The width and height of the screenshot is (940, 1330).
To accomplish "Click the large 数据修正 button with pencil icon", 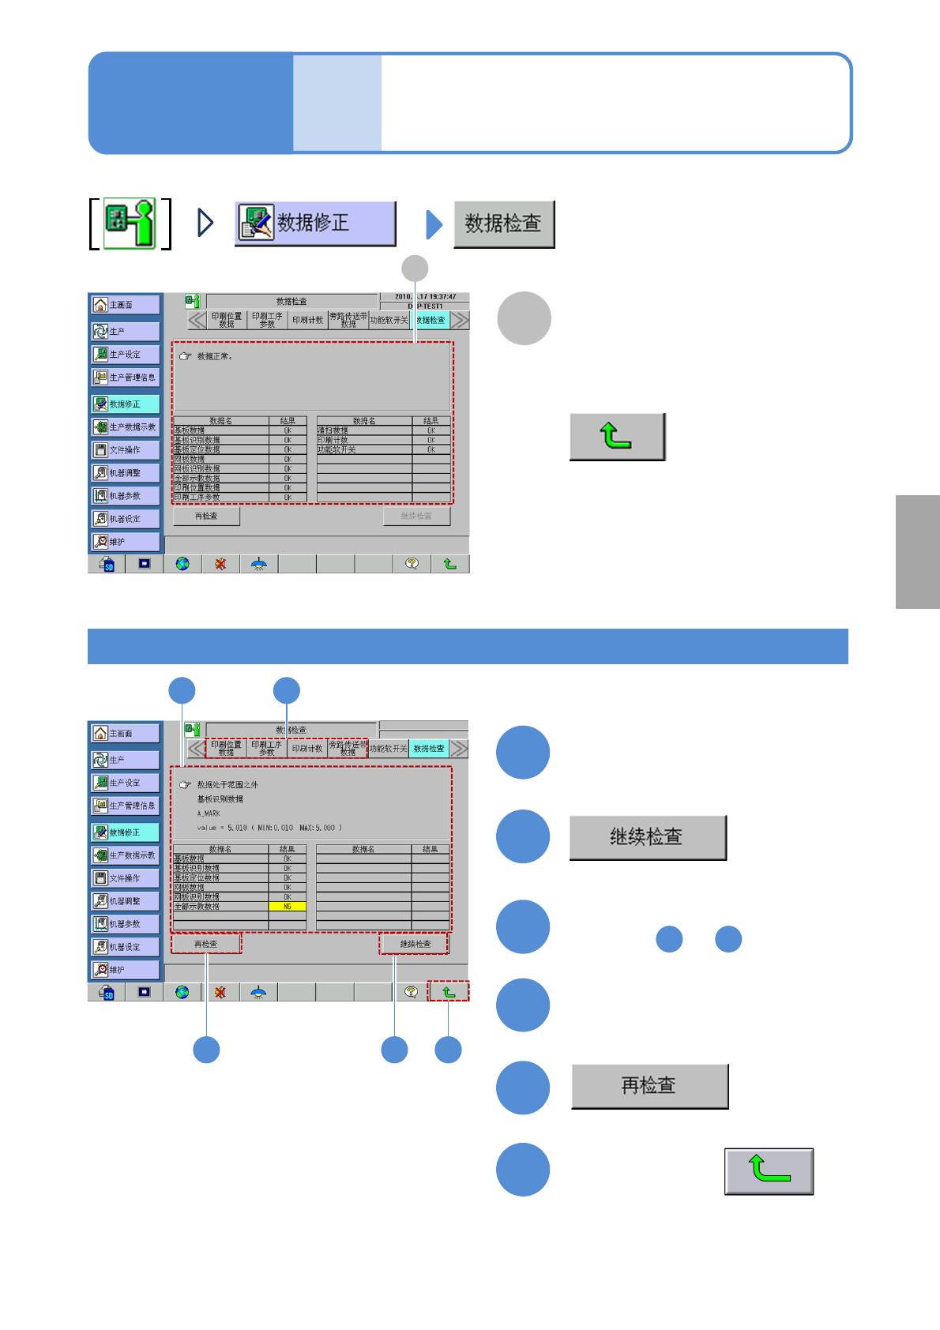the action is pos(315,224).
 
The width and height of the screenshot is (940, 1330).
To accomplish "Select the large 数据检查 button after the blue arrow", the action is pos(503,224).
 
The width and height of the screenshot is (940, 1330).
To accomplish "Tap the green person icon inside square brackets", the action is pos(130,224).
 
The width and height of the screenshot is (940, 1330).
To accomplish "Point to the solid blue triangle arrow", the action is pos(434,224).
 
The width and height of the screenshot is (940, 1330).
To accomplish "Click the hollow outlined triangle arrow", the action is pos(205,223).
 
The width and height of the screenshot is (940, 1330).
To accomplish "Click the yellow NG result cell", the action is pos(288,907).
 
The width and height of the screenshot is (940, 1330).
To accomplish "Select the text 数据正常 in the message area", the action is pos(214,357).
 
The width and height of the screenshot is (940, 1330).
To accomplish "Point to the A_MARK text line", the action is pos(209,813).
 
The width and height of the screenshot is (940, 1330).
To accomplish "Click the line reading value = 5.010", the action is pos(269,828).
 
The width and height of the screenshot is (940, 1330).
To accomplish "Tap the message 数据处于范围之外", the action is pos(227,785).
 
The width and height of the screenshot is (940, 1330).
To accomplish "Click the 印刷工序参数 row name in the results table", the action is pos(197,498).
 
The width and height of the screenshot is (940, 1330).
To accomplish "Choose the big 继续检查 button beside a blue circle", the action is pos(647,837).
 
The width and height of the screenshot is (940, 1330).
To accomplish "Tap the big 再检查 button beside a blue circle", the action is pos(649,1086).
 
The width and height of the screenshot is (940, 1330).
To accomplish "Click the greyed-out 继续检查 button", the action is pos(416,517).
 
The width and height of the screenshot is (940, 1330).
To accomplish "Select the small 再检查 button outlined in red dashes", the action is pos(206,944).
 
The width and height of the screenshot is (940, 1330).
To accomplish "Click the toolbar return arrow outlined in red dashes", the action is pos(449,992).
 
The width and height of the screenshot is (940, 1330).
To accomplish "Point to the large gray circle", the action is pos(524,318).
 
